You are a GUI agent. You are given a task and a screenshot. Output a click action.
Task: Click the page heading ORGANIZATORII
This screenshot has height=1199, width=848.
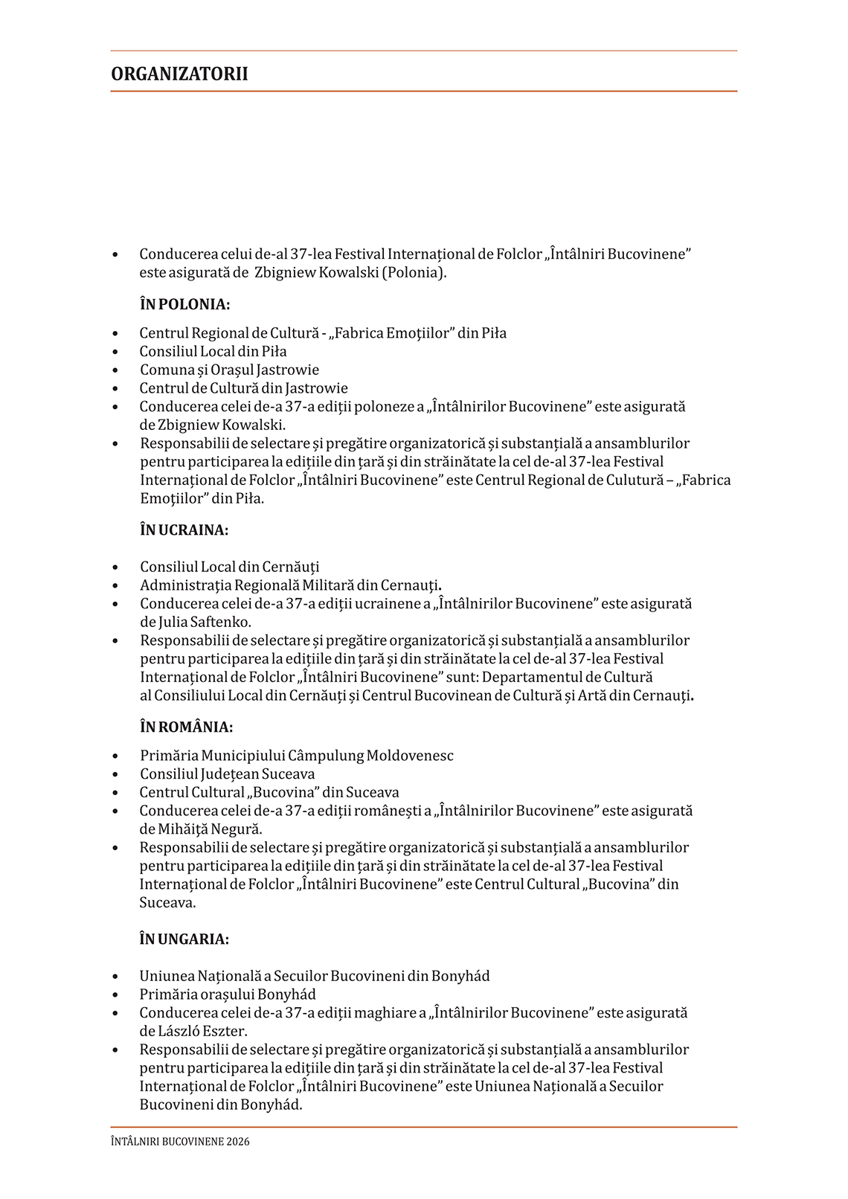179,74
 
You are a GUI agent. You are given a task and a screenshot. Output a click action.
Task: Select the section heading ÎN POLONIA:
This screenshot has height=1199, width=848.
184,304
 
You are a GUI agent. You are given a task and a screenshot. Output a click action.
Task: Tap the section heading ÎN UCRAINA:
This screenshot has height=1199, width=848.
184,530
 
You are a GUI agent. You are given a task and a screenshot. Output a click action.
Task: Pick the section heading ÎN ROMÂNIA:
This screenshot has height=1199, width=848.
186,727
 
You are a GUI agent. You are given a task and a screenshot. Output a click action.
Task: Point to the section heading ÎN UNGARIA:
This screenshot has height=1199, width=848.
184,939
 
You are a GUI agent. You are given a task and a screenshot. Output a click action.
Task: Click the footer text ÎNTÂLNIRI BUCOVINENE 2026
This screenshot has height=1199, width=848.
180,1141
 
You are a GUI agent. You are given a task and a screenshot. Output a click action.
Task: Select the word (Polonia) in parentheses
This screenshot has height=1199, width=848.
414,272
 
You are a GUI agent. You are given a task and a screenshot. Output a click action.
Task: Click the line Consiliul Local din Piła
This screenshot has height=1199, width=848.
213,351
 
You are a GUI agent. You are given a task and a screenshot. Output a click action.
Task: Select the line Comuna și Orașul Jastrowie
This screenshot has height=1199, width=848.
229,370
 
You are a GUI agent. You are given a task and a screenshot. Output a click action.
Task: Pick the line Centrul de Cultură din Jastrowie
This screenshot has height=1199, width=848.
243,388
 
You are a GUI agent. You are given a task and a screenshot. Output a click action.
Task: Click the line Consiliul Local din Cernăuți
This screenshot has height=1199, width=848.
229,567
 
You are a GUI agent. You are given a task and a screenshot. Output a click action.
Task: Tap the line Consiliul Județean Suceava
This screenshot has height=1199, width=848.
227,774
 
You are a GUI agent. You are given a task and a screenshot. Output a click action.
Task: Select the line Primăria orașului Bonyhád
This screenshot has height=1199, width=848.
228,994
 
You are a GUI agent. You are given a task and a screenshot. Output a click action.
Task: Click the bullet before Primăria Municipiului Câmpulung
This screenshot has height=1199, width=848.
115,756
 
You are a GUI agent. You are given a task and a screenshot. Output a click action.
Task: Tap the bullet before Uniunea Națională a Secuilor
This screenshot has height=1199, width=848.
115,977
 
